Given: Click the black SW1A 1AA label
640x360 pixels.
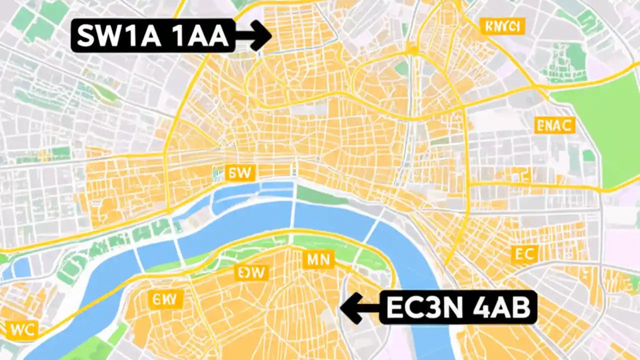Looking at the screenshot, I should point(152,35).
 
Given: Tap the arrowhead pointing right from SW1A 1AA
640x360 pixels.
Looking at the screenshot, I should point(261,35).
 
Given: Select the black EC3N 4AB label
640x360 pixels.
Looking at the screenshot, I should point(457,307).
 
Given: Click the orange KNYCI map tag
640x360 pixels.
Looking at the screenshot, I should point(502,26).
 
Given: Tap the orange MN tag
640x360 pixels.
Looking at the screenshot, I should point(318,259).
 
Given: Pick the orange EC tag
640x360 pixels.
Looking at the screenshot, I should point(525,254).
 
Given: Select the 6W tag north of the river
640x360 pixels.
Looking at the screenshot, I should point(240,173).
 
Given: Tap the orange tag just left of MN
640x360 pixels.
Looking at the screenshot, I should point(252,272).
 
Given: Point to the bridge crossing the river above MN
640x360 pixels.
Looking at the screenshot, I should point(293,210).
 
